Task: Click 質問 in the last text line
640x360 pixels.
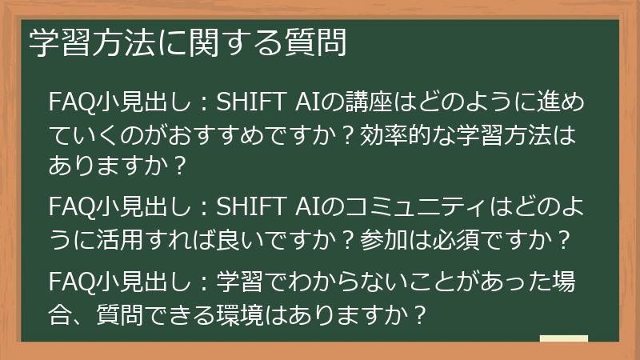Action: (104, 312)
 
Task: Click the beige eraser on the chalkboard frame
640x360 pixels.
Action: (563, 339)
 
